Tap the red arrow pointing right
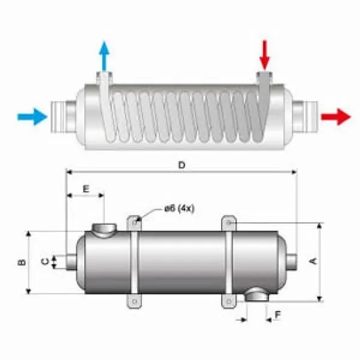point(336,116)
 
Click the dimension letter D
point(181,164)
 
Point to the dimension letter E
point(85,188)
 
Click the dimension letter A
point(311,261)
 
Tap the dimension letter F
point(277,314)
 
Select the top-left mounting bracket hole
point(136,222)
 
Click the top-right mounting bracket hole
point(230,223)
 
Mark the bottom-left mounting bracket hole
point(136,301)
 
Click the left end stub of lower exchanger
point(71,261)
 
